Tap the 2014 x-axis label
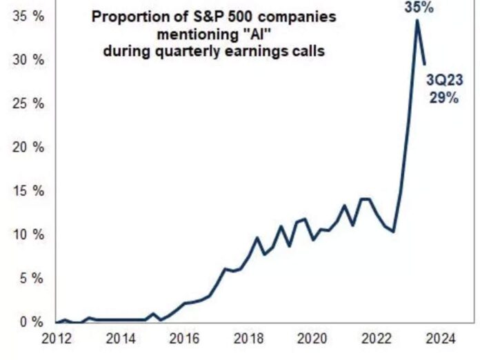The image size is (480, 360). click(x=121, y=339)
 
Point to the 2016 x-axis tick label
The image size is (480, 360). click(x=184, y=339)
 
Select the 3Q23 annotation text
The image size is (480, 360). click(x=445, y=82)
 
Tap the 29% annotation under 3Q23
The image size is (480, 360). click(x=445, y=98)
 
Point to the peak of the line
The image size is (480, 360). click(x=417, y=20)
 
